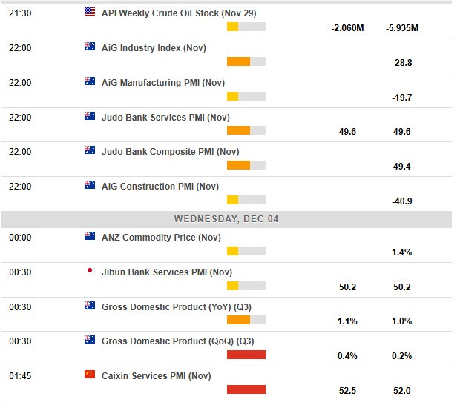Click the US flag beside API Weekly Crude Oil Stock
click(x=90, y=12)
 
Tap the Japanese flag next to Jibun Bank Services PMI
click(x=90, y=271)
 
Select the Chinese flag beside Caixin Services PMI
click(x=90, y=375)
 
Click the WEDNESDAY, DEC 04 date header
click(x=226, y=219)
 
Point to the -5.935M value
click(x=402, y=28)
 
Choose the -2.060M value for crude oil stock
click(x=347, y=28)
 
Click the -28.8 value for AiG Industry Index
click(x=401, y=63)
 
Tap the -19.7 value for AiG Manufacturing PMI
click(x=401, y=98)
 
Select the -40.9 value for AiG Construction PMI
click(x=401, y=201)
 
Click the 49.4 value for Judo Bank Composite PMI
click(x=401, y=167)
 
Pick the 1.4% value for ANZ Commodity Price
click(x=401, y=253)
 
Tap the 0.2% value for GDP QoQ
click(x=401, y=357)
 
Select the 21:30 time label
click(x=20, y=13)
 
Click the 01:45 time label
click(x=20, y=376)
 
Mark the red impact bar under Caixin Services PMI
click(x=246, y=389)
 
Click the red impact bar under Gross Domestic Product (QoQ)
click(x=246, y=355)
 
